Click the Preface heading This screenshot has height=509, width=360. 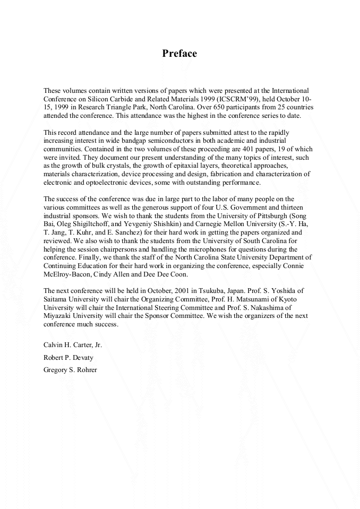pyautogui.click(x=179, y=54)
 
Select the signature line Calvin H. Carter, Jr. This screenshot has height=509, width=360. pyautogui.click(x=73, y=344)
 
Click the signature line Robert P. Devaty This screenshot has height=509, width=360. pyautogui.click(x=68, y=357)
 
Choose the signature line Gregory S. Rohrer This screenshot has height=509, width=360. pyautogui.click(x=70, y=370)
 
